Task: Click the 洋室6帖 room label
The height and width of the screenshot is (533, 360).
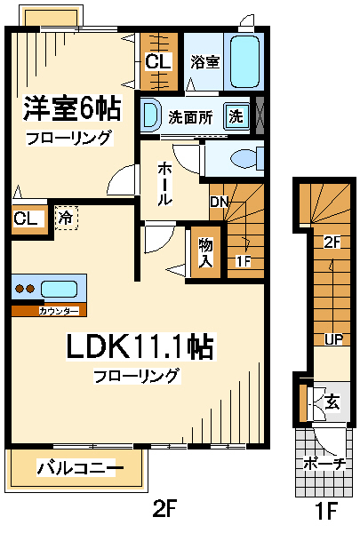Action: pyautogui.click(x=71, y=109)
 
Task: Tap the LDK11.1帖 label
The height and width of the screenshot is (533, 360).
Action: pyautogui.click(x=140, y=347)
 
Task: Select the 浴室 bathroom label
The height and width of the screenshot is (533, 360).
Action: pyautogui.click(x=204, y=61)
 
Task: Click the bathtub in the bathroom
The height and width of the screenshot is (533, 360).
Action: pyautogui.click(x=244, y=60)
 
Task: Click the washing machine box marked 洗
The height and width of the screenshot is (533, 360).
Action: pyautogui.click(x=235, y=115)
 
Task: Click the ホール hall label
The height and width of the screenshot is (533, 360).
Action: pyautogui.click(x=165, y=185)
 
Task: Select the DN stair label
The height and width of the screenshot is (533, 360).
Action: pyautogui.click(x=220, y=202)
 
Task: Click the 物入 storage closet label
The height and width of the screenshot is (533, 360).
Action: pyautogui.click(x=205, y=251)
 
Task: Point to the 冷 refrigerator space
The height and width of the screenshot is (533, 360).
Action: pyautogui.click(x=65, y=216)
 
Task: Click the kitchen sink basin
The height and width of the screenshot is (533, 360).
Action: pyautogui.click(x=60, y=289)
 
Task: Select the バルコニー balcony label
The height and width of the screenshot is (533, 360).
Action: pyautogui.click(x=80, y=467)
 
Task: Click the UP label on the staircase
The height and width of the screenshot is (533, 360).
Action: pyautogui.click(x=329, y=340)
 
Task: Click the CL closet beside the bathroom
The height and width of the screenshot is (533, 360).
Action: pyautogui.click(x=159, y=61)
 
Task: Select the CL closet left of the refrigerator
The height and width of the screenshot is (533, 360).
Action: pyautogui.click(x=25, y=219)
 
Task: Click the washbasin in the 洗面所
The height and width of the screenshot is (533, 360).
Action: pyautogui.click(x=150, y=115)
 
